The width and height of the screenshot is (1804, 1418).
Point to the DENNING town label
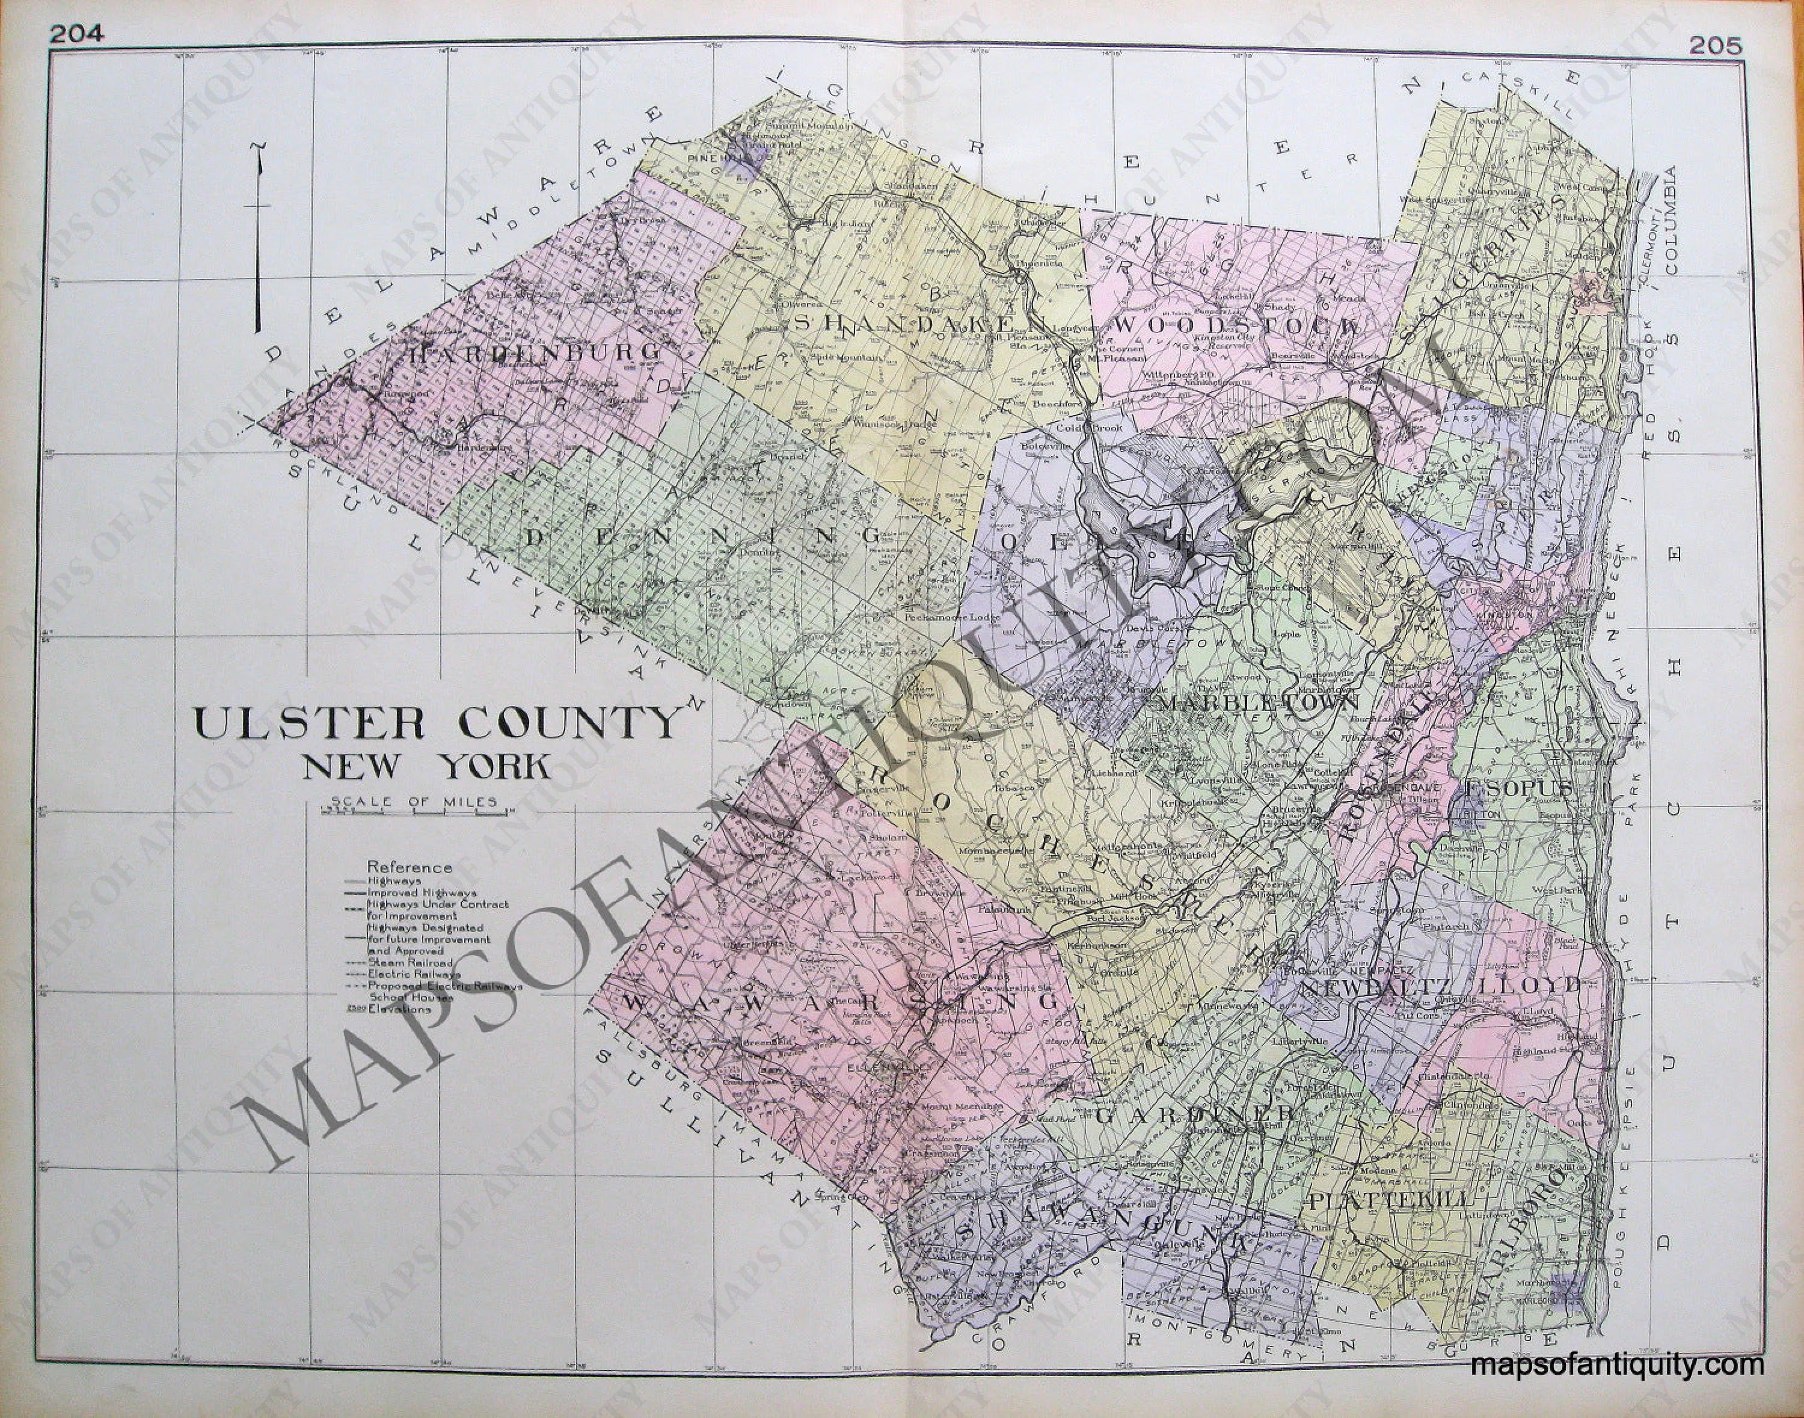(x=703, y=535)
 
